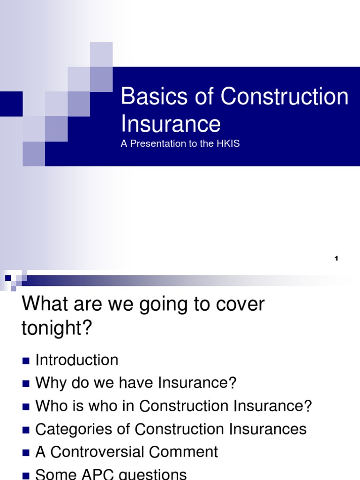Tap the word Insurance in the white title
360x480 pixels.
pyautogui.click(x=171, y=124)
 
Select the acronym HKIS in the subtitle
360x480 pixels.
pyautogui.click(x=228, y=144)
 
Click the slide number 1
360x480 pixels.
pyautogui.click(x=337, y=259)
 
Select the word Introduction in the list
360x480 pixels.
pyautogui.click(x=77, y=360)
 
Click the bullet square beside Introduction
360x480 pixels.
pyautogui.click(x=26, y=360)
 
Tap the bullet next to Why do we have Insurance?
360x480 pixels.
pyautogui.click(x=26, y=383)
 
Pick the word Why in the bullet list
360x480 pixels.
pyautogui.click(x=49, y=383)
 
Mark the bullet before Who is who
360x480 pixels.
pyautogui.click(x=26, y=406)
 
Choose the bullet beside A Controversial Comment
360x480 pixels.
pyautogui.click(x=26, y=452)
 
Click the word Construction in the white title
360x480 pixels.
pyautogui.click(x=285, y=97)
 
